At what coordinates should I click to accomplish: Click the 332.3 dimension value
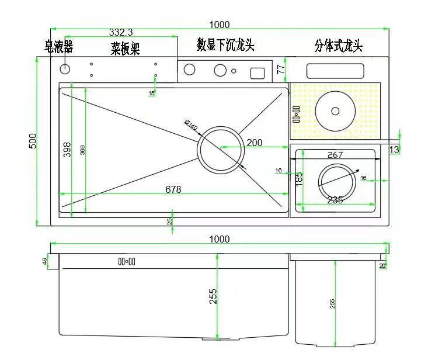[x=121, y=32]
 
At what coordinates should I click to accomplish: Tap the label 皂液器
[x=59, y=46]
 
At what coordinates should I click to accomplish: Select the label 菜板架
[x=126, y=48]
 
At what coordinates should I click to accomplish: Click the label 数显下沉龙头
[x=225, y=45]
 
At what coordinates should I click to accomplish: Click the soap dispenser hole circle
[x=65, y=70]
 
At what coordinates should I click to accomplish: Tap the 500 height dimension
[x=33, y=141]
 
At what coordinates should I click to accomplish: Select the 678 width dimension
[x=173, y=189]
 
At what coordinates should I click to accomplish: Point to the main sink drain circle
[x=221, y=148]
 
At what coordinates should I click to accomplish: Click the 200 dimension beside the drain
[x=255, y=143]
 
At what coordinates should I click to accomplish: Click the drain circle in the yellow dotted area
[x=335, y=111]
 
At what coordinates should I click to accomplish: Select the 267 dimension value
[x=335, y=155]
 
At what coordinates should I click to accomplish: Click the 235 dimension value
[x=335, y=200]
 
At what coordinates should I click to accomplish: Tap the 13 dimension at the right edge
[x=394, y=150]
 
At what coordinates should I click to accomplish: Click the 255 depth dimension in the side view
[x=213, y=296]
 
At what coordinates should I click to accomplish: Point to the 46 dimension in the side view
[x=45, y=261]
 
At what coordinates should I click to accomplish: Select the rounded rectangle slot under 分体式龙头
[x=336, y=71]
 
